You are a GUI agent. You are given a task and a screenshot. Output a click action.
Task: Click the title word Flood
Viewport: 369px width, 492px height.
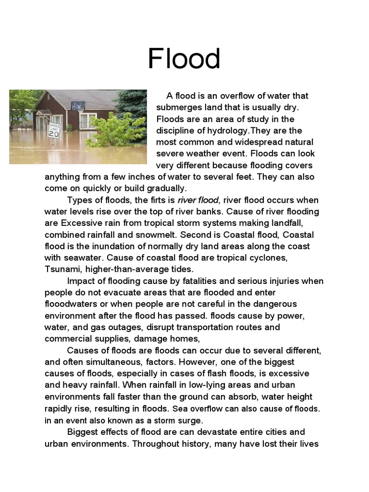point(184,59)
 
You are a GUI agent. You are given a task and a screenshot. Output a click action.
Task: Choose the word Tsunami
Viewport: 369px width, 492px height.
point(63,269)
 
